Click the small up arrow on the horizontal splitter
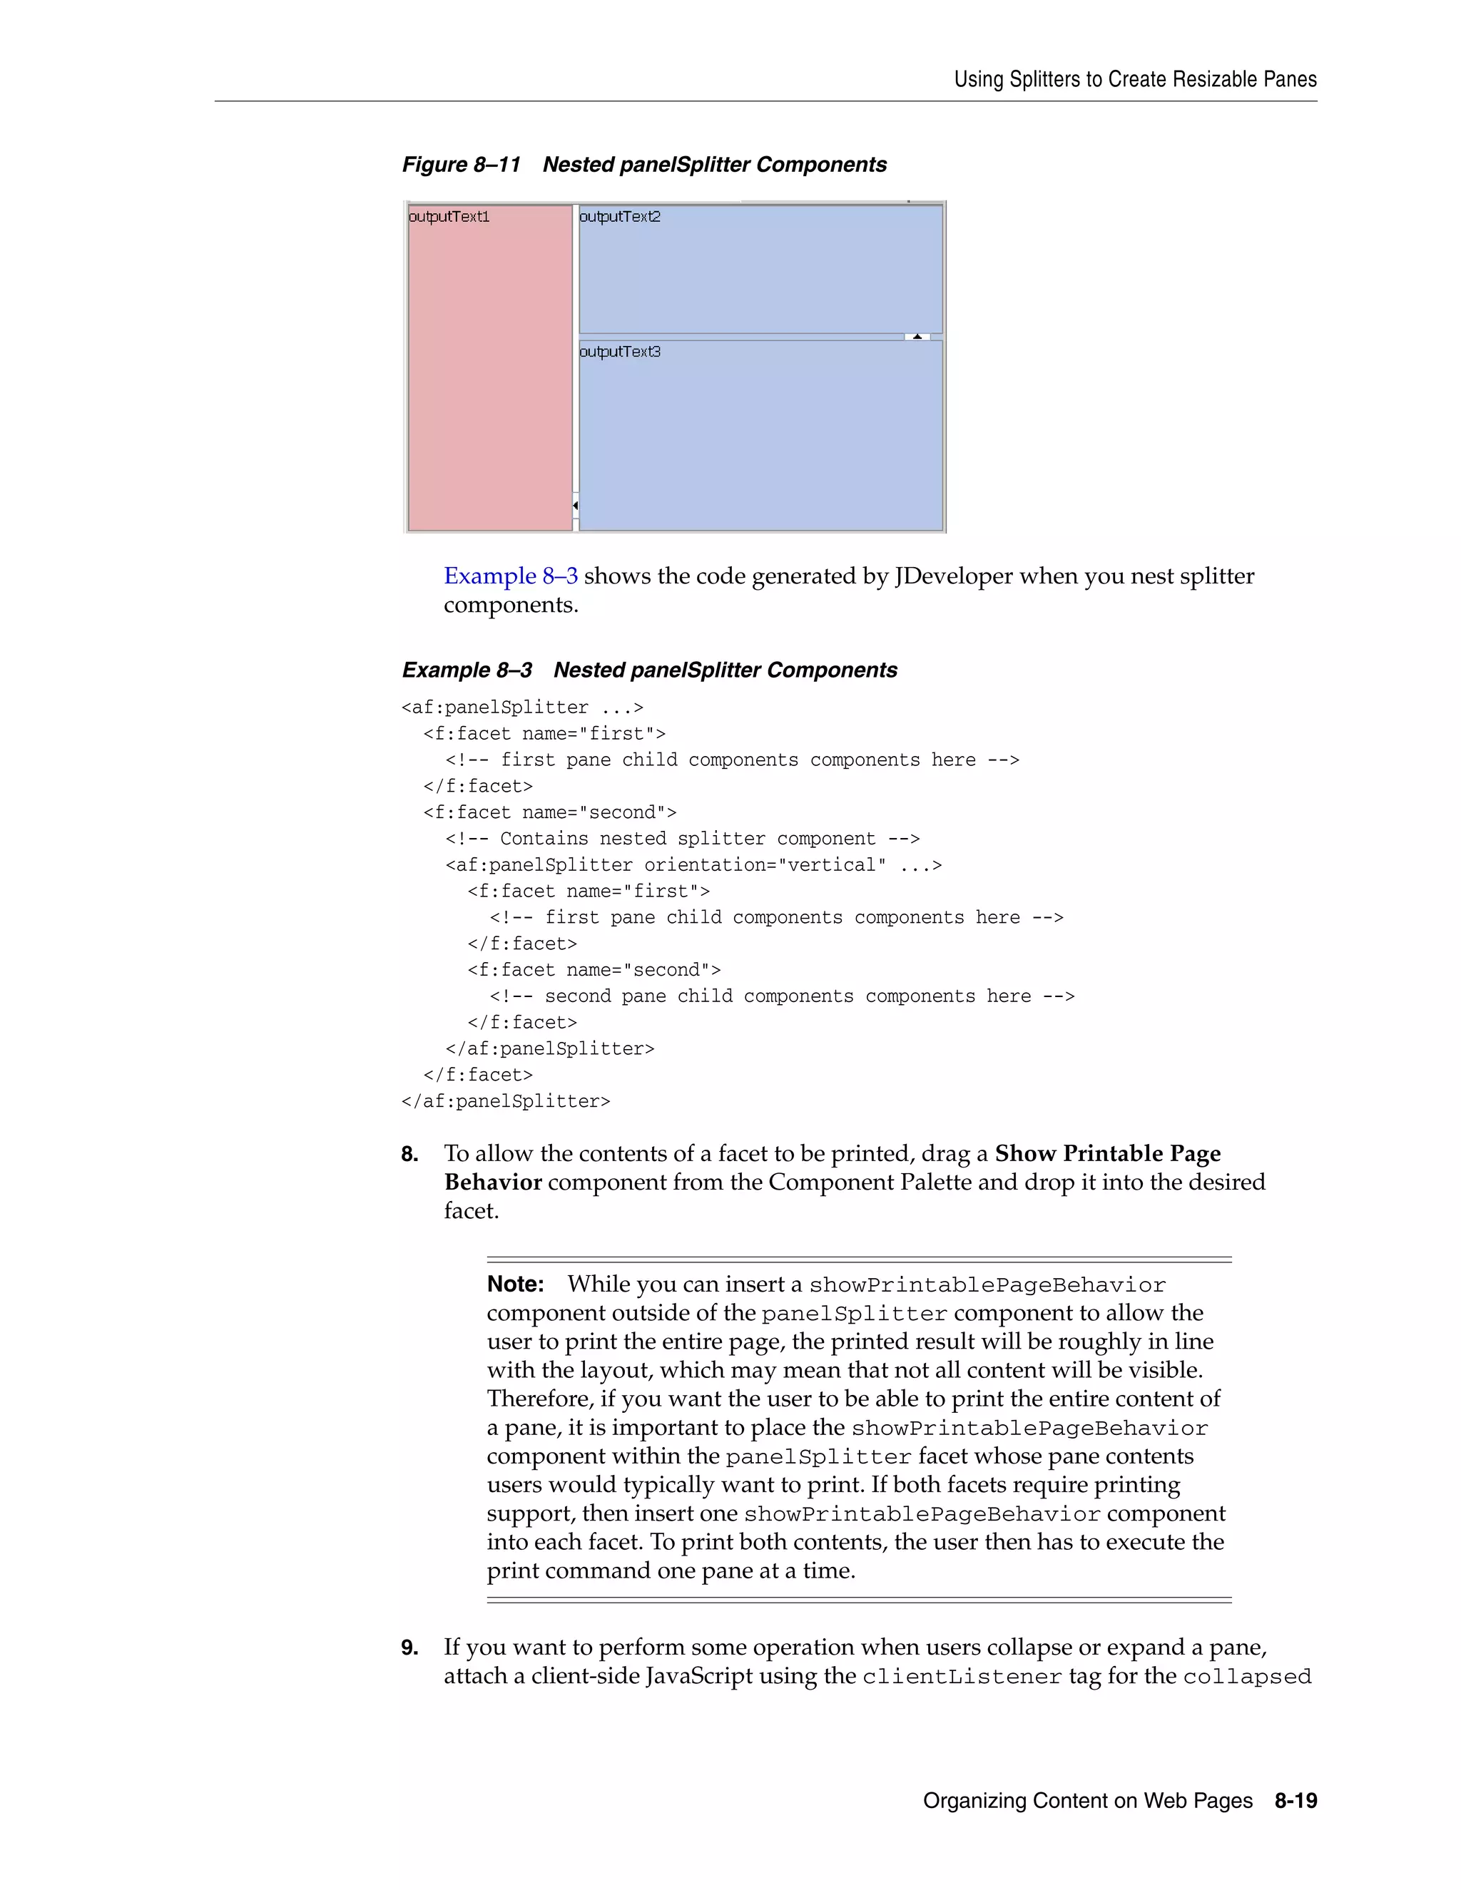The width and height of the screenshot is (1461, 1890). (917, 337)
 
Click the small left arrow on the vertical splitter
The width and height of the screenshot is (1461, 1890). (576, 504)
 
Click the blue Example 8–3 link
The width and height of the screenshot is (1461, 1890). (511, 576)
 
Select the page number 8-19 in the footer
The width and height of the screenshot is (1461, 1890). (1295, 1800)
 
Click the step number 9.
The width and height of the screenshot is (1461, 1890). (409, 1647)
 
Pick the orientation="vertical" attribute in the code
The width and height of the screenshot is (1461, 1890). (765, 864)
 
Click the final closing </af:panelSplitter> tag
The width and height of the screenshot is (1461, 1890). (506, 1100)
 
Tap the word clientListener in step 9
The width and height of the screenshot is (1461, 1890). (962, 1676)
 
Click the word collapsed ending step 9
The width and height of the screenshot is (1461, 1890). (1246, 1676)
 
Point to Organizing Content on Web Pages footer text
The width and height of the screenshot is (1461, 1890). (1087, 1800)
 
